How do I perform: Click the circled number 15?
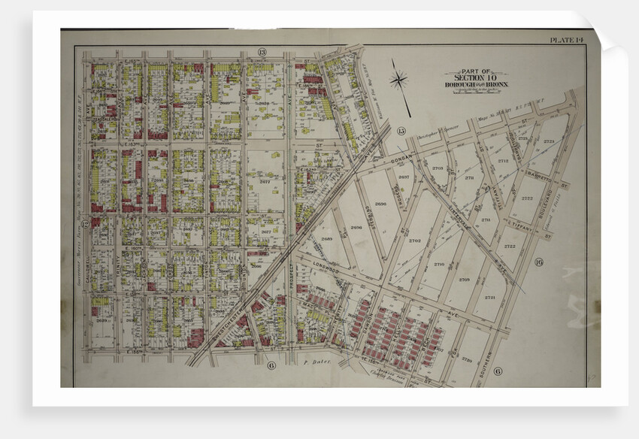pyautogui.click(x=401, y=132)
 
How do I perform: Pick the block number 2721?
pyautogui.click(x=489, y=298)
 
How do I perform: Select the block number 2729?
pyautogui.click(x=466, y=361)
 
